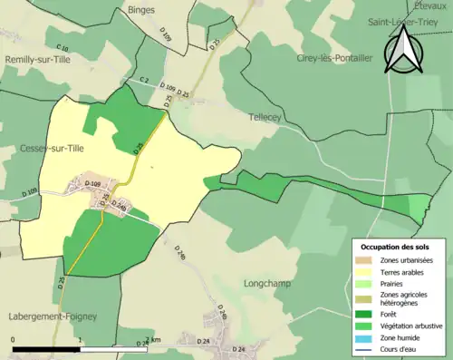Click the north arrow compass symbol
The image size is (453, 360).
(x=403, y=50)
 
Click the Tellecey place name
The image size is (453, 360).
(x=266, y=117)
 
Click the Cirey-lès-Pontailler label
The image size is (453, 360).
(x=334, y=57)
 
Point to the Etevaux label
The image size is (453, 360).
(x=431, y=5)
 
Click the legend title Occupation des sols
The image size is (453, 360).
(x=398, y=247)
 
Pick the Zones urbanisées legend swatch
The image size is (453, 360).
(x=368, y=260)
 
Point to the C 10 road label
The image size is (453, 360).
(x=62, y=47)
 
